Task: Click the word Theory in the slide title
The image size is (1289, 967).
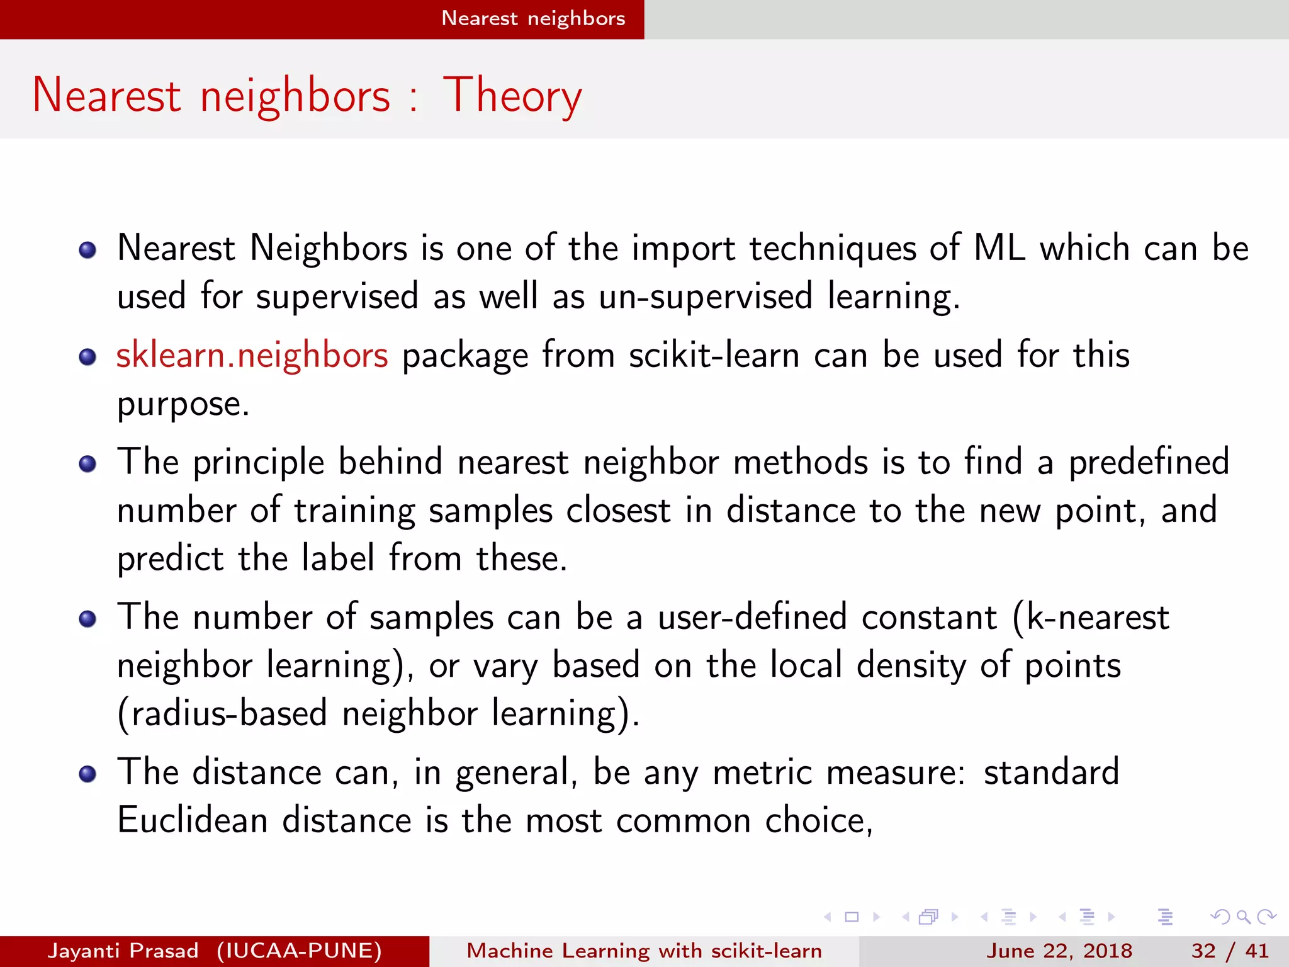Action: pyautogui.click(x=512, y=96)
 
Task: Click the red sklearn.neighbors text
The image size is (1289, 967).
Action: pyautogui.click(x=252, y=355)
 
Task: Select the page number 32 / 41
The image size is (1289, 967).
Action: pyautogui.click(x=1229, y=951)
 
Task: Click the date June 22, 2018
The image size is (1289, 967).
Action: pyautogui.click(x=1059, y=951)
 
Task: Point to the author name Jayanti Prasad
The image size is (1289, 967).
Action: pyautogui.click(x=123, y=951)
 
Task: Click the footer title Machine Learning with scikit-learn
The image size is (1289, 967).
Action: pyautogui.click(x=644, y=951)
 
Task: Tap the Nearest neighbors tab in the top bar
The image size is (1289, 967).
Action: pyautogui.click(x=533, y=18)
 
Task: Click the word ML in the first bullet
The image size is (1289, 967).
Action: pyautogui.click(x=999, y=248)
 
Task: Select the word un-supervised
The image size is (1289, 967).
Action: pyautogui.click(x=706, y=297)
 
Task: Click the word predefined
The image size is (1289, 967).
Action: pyautogui.click(x=1149, y=462)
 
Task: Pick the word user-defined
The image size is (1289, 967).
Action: pyautogui.click(x=752, y=617)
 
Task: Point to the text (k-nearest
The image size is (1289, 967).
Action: pyautogui.click(x=1091, y=617)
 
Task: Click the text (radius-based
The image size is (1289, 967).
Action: pyautogui.click(x=222, y=714)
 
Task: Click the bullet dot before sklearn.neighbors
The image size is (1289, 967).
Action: pyautogui.click(x=87, y=358)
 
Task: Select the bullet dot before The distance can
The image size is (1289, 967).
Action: pyautogui.click(x=87, y=774)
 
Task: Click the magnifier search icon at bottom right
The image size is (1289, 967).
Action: pyautogui.click(x=1243, y=917)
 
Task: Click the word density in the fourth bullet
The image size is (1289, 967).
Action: pyautogui.click(x=911, y=665)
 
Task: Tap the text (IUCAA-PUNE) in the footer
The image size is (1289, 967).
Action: pyautogui.click(x=299, y=951)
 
